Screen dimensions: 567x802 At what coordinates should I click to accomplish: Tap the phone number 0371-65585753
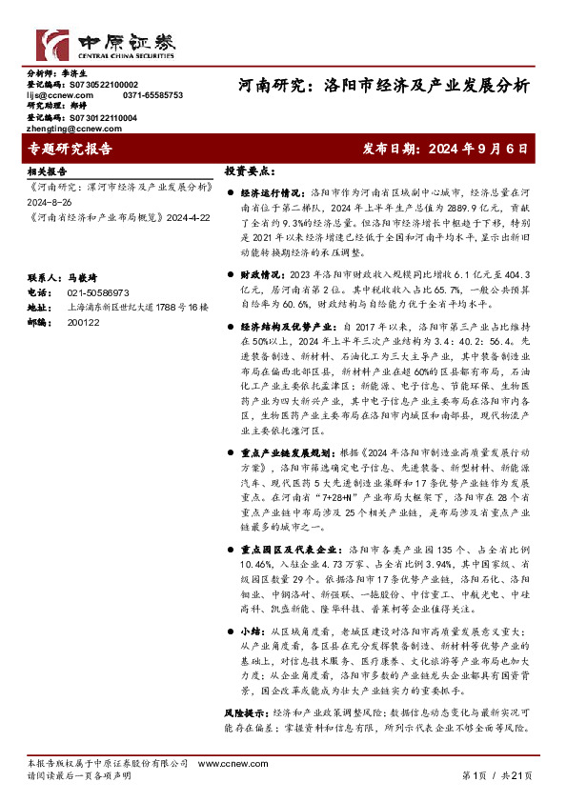pos(152,95)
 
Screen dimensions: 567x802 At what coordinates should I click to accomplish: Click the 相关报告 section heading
pos(47,173)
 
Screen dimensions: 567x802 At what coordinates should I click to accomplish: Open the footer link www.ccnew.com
pos(222,765)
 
